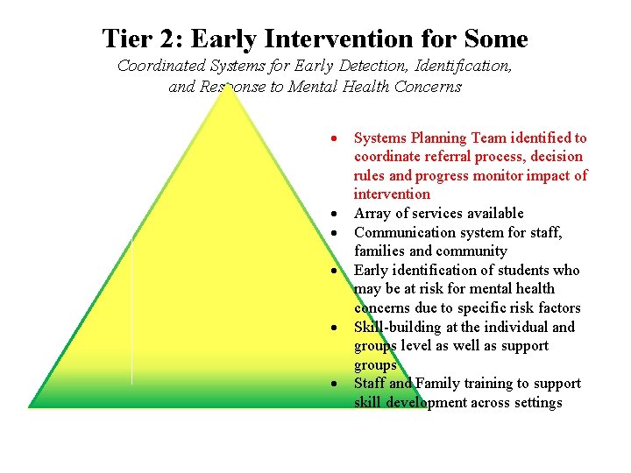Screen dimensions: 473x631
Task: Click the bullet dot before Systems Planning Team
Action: click(335, 139)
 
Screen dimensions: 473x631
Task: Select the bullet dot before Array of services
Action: click(335, 215)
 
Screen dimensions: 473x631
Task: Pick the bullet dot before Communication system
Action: click(335, 233)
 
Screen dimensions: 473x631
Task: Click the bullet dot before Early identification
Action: click(335, 272)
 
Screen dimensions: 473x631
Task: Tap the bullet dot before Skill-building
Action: click(335, 328)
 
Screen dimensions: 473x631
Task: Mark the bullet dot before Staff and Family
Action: click(335, 385)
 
